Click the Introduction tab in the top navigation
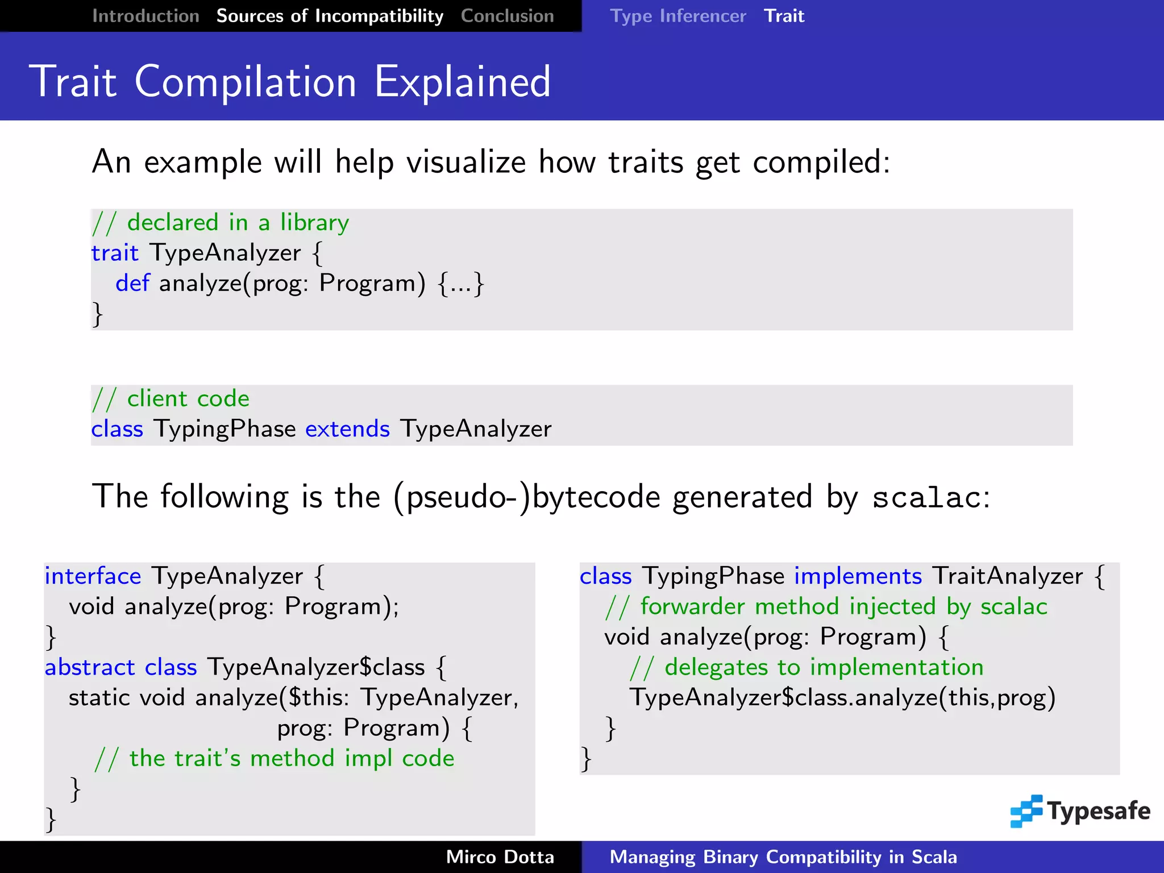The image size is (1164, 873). tap(145, 16)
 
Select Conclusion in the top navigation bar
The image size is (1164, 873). tap(507, 16)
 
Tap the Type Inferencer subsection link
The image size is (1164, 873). tap(677, 16)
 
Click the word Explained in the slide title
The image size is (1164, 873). tap(462, 82)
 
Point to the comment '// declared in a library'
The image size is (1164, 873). tap(221, 222)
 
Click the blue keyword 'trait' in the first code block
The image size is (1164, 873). tap(115, 253)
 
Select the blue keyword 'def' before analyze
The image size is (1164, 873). tap(132, 283)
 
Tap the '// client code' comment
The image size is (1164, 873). tap(171, 398)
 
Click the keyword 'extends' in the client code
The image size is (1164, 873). tap(347, 429)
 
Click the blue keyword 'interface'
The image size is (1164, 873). tap(93, 576)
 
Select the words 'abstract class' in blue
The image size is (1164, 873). tap(121, 667)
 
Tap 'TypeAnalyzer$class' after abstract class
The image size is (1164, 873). tap(316, 667)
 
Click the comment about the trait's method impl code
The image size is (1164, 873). tap(275, 758)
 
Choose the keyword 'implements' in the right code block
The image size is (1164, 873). tap(858, 576)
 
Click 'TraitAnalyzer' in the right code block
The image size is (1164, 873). tap(1008, 576)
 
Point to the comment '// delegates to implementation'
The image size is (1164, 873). tap(807, 667)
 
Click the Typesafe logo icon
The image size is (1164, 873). tap(1026, 811)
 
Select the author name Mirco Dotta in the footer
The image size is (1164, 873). tap(500, 857)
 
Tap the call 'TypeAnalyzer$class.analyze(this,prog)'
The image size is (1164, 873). tap(842, 698)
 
